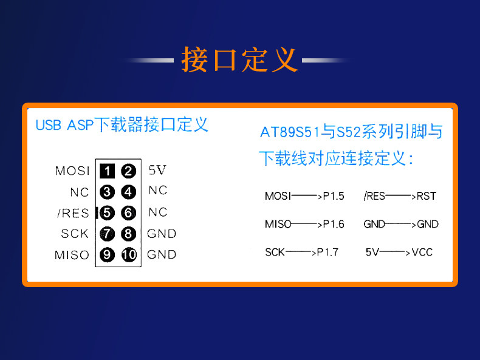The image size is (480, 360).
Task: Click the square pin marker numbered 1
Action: tap(107, 171)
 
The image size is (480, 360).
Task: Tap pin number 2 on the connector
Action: tap(128, 171)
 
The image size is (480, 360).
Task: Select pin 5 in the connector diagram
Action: tap(107, 213)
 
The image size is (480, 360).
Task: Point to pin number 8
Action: tap(128, 234)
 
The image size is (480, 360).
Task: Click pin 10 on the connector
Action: tap(129, 255)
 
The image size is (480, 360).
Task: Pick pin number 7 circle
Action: tap(107, 234)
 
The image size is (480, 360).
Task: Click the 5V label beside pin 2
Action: tap(157, 170)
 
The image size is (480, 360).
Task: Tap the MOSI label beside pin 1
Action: tap(72, 171)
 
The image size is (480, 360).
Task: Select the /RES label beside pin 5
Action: tap(73, 213)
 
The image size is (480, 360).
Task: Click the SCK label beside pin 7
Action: tap(75, 234)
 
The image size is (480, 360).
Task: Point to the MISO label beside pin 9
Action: tap(72, 255)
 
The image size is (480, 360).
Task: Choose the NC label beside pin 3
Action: tap(80, 192)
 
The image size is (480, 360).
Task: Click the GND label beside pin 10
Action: tap(162, 254)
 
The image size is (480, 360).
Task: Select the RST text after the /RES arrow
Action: tap(426, 195)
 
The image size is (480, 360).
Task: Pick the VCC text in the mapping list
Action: tap(422, 253)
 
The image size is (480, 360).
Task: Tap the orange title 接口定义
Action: tap(239, 59)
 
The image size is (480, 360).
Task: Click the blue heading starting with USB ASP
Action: tap(122, 124)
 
